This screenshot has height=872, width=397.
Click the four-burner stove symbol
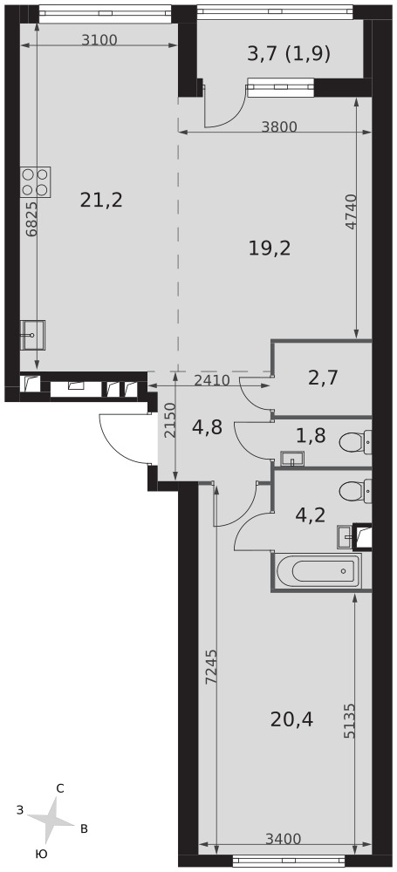tap(36, 182)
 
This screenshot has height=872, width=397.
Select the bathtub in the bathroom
tap(316, 571)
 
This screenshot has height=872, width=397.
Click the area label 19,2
tap(270, 249)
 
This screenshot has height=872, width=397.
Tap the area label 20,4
tap(291, 720)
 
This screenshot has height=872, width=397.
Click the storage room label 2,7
tap(323, 378)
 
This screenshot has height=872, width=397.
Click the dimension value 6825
tap(31, 220)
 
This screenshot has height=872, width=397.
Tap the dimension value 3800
tap(279, 126)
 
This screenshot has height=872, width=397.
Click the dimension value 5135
tap(349, 720)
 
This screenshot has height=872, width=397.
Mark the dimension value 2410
tap(212, 380)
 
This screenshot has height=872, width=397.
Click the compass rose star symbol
tap(51, 820)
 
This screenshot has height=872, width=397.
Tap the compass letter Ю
tap(40, 855)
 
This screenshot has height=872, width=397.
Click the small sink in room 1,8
tap(292, 459)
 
